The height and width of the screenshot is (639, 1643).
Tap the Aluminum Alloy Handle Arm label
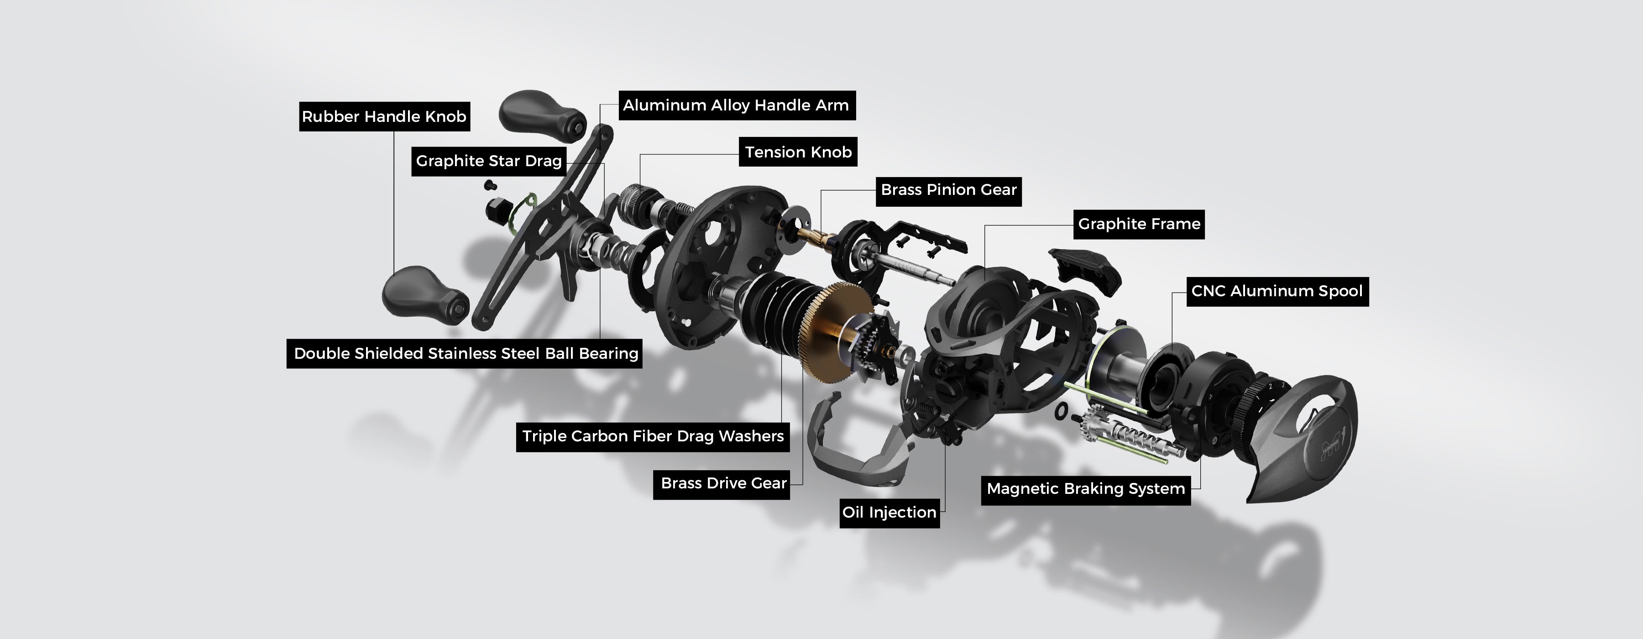tap(736, 105)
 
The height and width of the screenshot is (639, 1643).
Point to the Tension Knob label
tap(798, 152)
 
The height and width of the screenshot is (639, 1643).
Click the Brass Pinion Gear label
tap(948, 189)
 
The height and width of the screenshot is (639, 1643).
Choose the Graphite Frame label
tap(1139, 224)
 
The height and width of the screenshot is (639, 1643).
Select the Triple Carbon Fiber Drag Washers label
tap(653, 437)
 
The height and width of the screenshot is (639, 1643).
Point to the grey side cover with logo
tap(1301, 440)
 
